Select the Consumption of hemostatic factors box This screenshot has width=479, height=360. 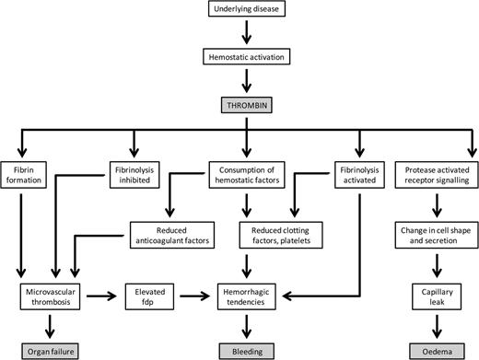pos(245,175)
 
